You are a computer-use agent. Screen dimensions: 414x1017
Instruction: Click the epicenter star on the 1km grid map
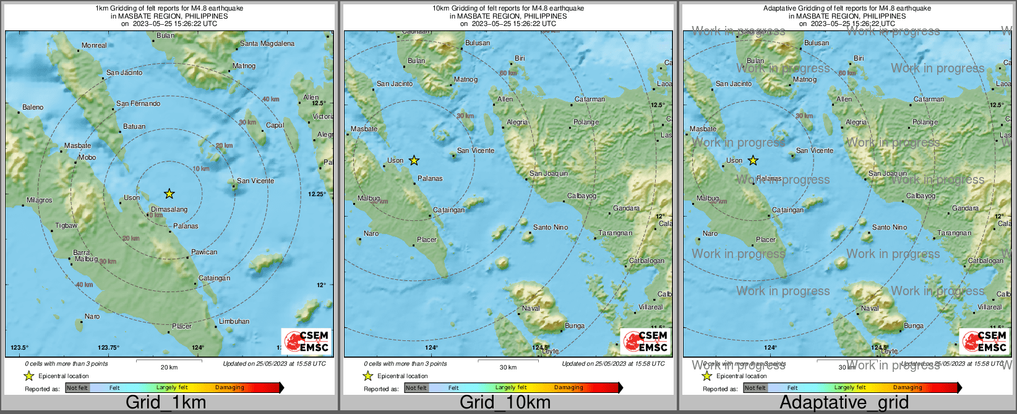click(x=169, y=194)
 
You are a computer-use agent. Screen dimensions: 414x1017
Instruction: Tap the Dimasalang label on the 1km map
click(x=169, y=210)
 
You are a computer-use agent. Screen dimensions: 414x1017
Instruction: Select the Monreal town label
click(x=94, y=45)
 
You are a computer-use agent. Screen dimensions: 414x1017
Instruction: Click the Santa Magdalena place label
click(x=267, y=43)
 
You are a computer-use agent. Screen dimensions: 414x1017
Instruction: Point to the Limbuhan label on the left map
click(x=234, y=321)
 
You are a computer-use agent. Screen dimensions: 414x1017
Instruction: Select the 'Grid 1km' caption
click(x=166, y=402)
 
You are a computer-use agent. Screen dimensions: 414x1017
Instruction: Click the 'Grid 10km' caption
click(x=505, y=402)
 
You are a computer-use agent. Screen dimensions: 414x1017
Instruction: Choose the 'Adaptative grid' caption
click(x=844, y=402)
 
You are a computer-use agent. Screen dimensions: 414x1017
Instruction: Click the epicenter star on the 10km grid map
click(x=414, y=161)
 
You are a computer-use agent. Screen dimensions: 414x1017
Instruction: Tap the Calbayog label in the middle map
click(x=581, y=196)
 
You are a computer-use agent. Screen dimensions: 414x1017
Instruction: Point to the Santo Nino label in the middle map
click(x=550, y=227)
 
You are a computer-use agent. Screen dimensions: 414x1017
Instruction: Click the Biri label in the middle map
click(x=520, y=58)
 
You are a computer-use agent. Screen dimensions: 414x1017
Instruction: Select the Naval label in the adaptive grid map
click(x=870, y=308)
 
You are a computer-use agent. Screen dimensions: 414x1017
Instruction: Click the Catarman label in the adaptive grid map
click(x=929, y=99)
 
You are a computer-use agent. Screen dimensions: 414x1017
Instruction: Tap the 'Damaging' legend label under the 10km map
click(x=569, y=387)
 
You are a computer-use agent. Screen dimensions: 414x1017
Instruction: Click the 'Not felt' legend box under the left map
click(x=77, y=388)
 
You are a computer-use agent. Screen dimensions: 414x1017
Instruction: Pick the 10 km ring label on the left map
click(x=200, y=168)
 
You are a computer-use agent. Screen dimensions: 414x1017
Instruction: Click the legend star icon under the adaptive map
click(x=706, y=376)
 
